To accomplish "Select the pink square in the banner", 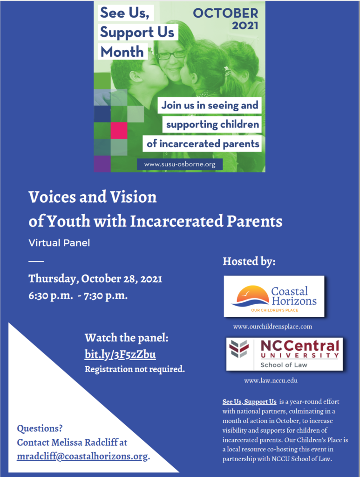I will [x=119, y=130].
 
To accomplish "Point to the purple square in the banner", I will [x=102, y=164].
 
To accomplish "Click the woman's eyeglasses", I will [x=171, y=55].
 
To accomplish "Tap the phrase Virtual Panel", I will [x=59, y=243].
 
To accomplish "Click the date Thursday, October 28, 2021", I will [x=95, y=279].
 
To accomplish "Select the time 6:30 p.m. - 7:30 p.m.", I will [x=78, y=296].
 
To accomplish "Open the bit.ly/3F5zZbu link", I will [x=120, y=354].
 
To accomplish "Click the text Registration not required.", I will [x=135, y=370].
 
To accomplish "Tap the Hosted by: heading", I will [x=249, y=261].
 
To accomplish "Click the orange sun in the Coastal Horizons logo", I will [x=252, y=293].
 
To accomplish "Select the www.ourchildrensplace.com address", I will [x=272, y=327].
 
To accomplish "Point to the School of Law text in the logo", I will [x=284, y=365].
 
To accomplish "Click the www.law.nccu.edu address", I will [x=271, y=381].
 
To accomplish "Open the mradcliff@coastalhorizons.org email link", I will [x=82, y=456].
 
